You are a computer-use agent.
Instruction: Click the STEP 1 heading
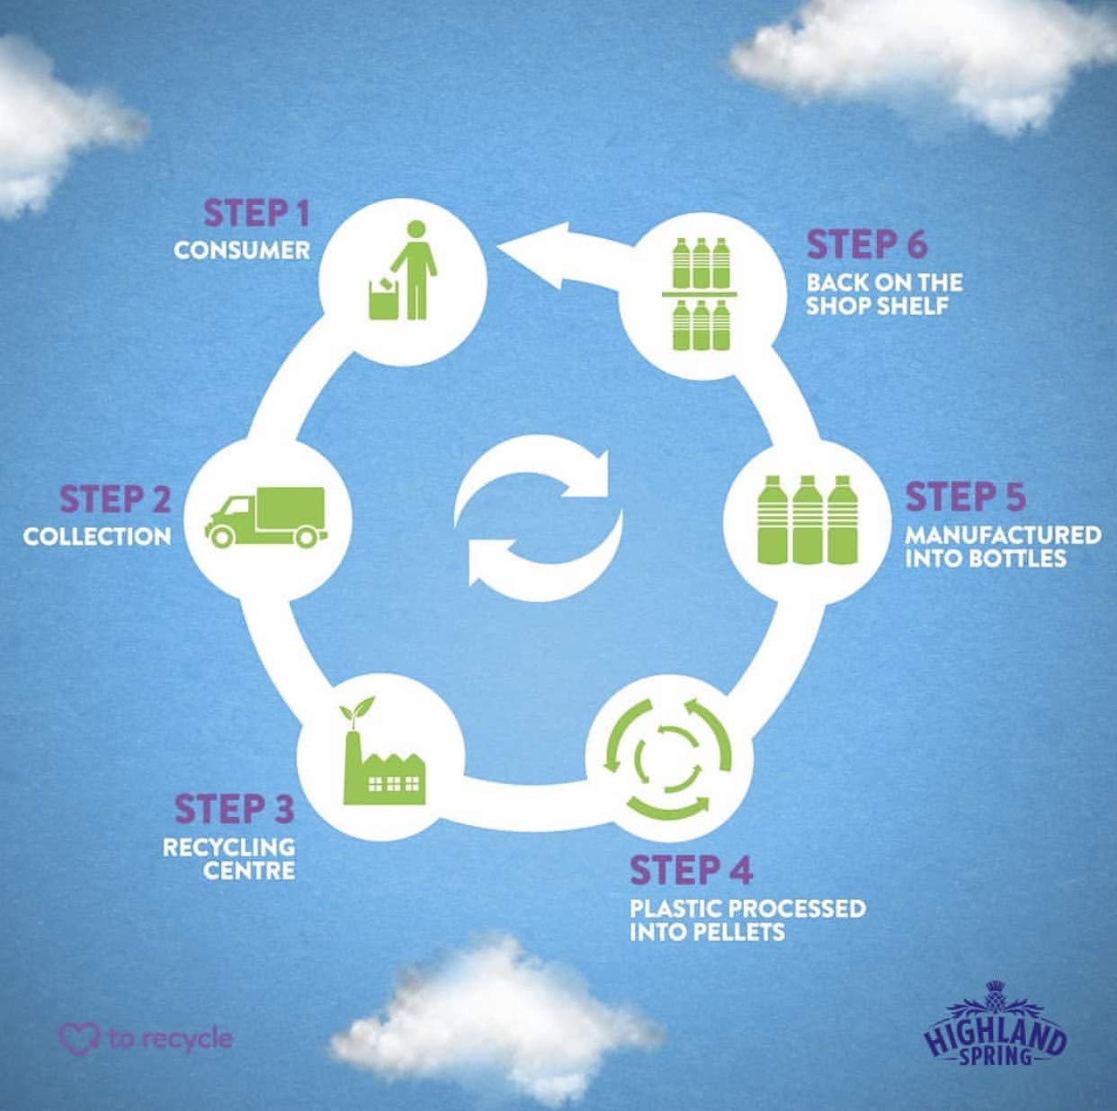(256, 213)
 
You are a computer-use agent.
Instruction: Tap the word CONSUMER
(242, 251)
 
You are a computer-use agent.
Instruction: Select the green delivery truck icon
(266, 518)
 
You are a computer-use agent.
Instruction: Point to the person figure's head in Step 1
(416, 229)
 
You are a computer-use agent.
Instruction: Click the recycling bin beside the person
(383, 298)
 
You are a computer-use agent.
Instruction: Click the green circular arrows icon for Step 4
(668, 758)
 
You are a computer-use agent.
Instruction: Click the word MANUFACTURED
(1003, 535)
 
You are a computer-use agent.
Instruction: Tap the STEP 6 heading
(867, 244)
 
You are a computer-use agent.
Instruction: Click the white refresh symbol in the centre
(539, 518)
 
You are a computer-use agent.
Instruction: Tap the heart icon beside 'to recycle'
(79, 1038)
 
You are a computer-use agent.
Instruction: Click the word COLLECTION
(97, 536)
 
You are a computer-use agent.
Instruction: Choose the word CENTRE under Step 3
(249, 871)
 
